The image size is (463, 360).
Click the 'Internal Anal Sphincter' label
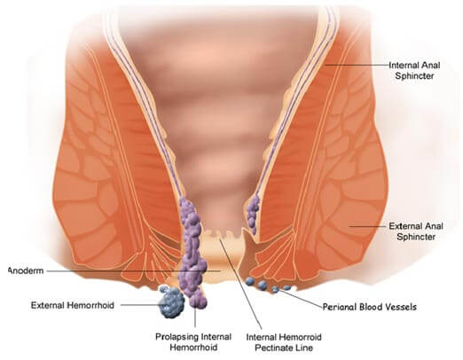pos(414,70)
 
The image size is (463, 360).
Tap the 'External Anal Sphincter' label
pos(416,231)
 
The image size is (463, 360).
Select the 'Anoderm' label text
pos(26,270)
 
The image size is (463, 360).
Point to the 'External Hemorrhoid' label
pos(73,305)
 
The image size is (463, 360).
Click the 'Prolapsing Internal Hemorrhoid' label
pos(193,342)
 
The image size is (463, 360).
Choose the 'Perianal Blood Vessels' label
pos(369,307)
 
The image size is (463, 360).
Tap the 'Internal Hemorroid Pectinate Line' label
pos(284,342)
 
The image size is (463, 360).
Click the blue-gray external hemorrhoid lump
pos(171,301)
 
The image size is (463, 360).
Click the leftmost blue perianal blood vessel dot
pos(250,281)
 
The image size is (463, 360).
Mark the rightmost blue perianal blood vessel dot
pos(286,287)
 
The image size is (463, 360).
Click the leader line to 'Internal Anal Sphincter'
pos(357,65)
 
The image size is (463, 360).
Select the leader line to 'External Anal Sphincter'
pos(368,227)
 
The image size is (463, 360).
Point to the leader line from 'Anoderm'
pos(134,270)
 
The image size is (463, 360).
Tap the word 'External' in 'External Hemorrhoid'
pos(48,305)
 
